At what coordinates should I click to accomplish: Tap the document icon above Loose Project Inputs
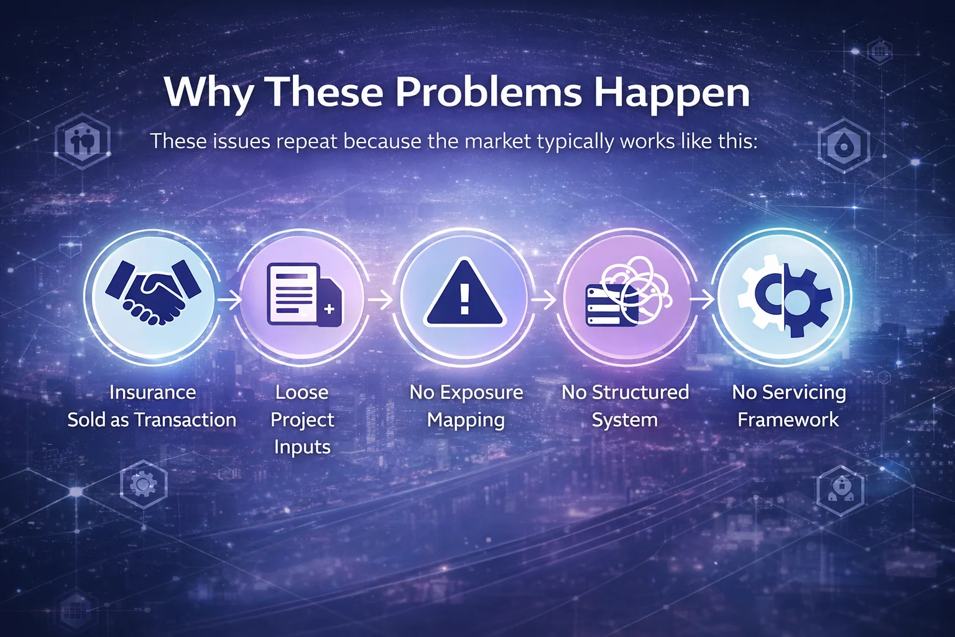click(x=304, y=295)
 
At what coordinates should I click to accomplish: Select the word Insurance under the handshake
click(x=152, y=393)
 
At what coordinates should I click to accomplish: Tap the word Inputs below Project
click(x=302, y=447)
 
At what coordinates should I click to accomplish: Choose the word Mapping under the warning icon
click(x=466, y=420)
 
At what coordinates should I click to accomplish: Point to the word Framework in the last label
click(x=788, y=420)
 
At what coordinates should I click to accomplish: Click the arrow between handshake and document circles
click(x=229, y=300)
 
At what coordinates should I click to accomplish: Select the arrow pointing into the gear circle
click(x=702, y=300)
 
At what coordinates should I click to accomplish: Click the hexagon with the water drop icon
click(x=843, y=146)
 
